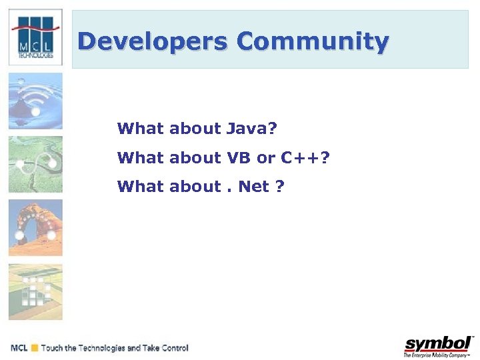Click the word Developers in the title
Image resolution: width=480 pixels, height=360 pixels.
click(153, 42)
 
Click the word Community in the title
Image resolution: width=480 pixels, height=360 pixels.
click(312, 42)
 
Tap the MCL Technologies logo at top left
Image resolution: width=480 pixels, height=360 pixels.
click(35, 37)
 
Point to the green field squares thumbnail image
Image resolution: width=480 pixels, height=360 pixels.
click(35, 292)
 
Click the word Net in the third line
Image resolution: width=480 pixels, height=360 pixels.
click(253, 187)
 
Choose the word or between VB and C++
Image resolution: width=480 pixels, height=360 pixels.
click(266, 158)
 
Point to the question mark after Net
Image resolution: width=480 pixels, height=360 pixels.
click(280, 187)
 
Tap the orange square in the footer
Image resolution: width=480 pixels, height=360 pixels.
click(34, 348)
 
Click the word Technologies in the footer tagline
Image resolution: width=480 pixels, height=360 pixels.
click(101, 348)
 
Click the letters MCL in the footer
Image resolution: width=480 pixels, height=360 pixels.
click(19, 348)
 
